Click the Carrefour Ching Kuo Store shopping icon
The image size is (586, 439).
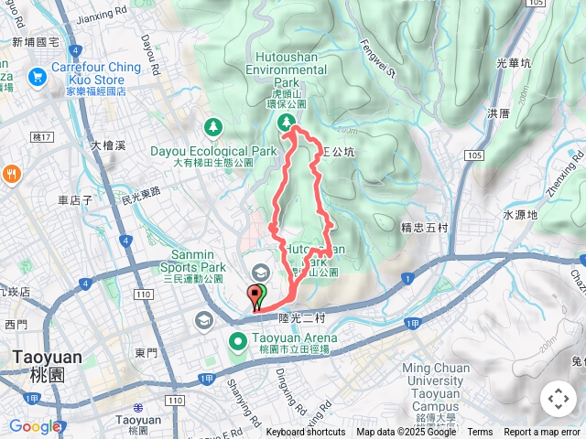pos(38,77)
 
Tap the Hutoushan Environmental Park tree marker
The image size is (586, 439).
pos(288,121)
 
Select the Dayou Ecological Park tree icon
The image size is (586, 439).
pos(212,125)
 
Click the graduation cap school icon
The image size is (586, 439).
pos(261,273)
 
